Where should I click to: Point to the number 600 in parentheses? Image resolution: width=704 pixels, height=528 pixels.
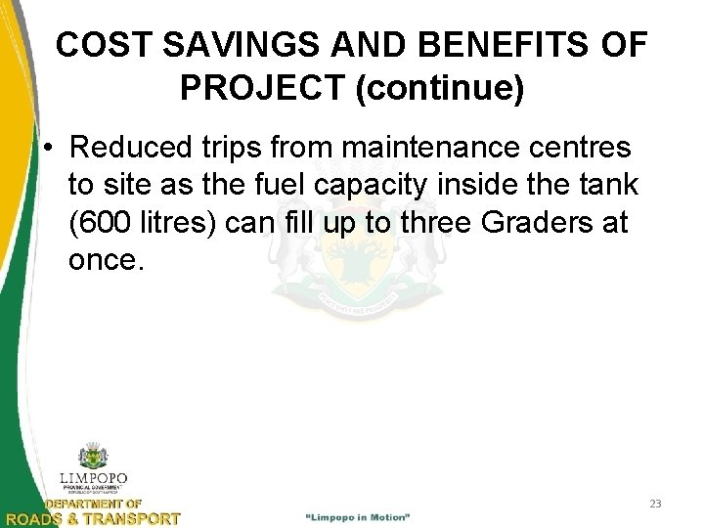[101, 222]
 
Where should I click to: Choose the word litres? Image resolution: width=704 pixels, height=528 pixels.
[172, 222]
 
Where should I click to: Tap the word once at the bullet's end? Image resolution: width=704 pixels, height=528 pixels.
[106, 259]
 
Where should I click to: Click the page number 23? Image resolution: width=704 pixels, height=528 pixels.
[655, 504]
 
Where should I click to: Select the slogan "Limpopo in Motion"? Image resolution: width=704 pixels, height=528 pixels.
[358, 515]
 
